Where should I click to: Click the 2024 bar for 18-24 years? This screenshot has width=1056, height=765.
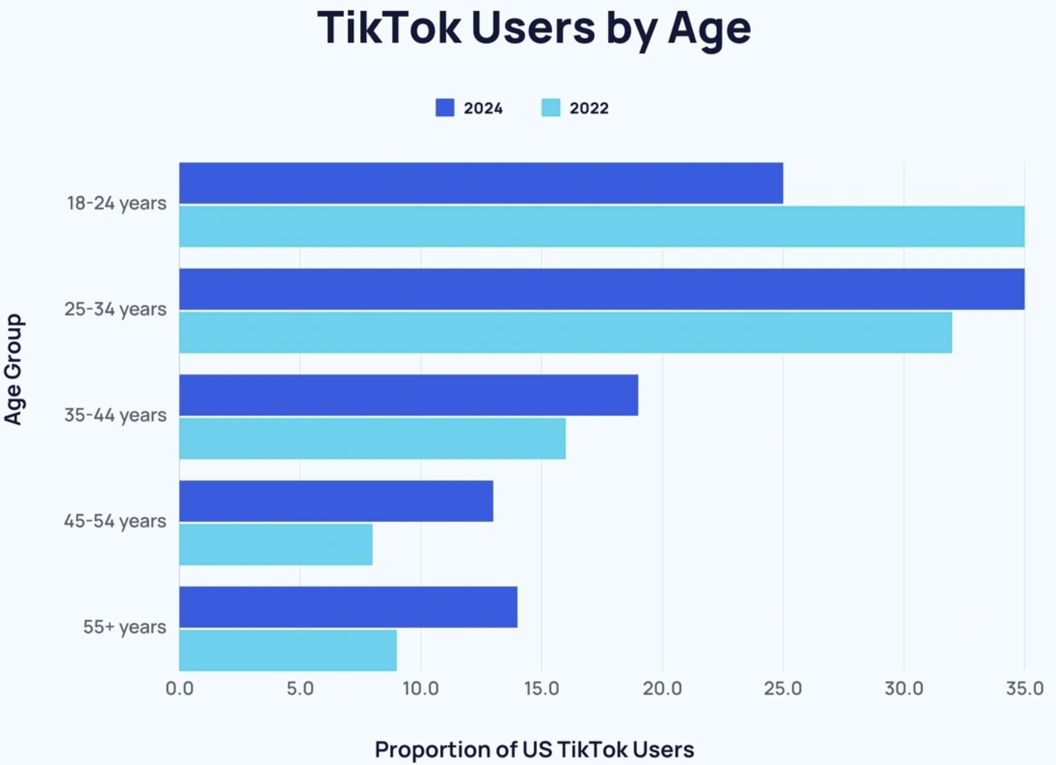(481, 183)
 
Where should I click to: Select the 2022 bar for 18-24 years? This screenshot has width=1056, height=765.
(601, 227)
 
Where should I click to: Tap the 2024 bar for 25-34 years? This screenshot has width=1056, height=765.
(601, 289)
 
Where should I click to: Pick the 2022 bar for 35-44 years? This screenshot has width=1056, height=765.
(372, 438)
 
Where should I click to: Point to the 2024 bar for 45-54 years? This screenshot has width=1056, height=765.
(336, 501)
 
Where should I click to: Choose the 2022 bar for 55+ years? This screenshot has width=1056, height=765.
(288, 650)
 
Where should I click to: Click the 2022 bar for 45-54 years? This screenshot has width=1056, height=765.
(276, 544)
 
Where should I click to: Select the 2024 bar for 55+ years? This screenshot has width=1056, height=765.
(348, 607)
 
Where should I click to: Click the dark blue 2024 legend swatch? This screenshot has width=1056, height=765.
(445, 108)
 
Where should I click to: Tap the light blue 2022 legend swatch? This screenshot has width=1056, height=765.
(551, 108)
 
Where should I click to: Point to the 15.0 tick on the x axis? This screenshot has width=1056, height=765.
(542, 688)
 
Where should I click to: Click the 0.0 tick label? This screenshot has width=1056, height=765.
(180, 688)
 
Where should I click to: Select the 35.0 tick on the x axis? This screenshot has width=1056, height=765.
(1024, 688)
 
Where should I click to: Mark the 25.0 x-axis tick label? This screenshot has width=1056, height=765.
(783, 688)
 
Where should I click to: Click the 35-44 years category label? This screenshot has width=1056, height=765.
(115, 415)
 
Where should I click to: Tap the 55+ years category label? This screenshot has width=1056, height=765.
(124, 627)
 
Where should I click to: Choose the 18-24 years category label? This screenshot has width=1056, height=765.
(116, 203)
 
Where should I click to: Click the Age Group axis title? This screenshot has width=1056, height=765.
(14, 369)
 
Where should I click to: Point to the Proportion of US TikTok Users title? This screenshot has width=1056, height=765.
(534, 750)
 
